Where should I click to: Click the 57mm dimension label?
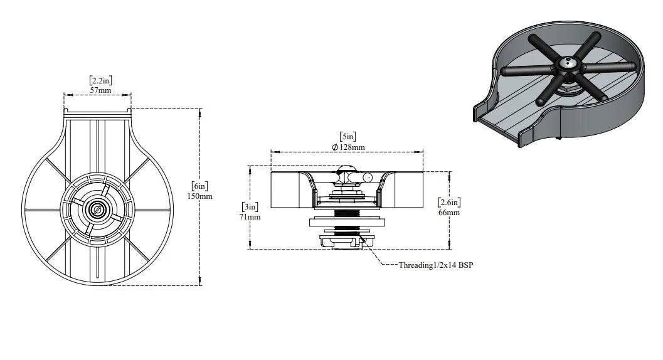(x=100, y=90)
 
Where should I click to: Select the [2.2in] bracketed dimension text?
(x=100, y=80)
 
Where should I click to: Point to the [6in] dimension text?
(x=200, y=186)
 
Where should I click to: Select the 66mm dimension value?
(x=449, y=212)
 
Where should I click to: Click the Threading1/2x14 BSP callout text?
(x=435, y=265)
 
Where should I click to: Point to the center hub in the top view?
(x=97, y=209)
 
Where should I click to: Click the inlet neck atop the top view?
(x=97, y=113)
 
